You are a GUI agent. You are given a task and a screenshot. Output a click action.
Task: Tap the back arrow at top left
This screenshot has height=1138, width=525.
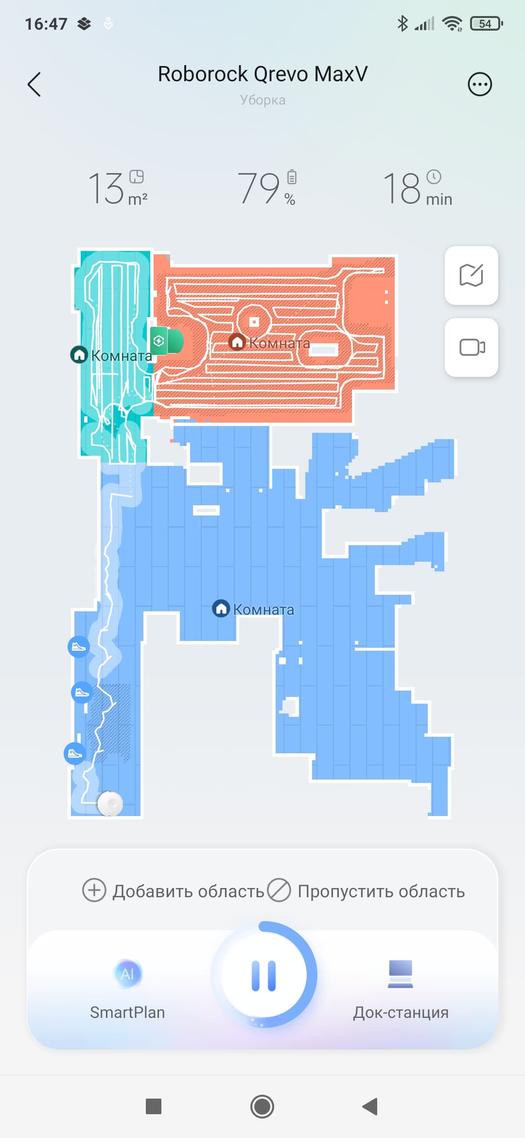click(34, 85)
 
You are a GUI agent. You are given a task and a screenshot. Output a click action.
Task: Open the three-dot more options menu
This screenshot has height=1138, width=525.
click(480, 84)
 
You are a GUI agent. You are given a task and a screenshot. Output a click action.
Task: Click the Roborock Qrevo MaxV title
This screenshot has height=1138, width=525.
click(262, 74)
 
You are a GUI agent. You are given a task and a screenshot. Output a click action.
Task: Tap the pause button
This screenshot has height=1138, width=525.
click(264, 975)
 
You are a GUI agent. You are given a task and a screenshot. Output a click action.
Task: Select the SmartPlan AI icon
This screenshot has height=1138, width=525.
click(127, 974)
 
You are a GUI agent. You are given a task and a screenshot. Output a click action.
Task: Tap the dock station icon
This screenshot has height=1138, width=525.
click(401, 974)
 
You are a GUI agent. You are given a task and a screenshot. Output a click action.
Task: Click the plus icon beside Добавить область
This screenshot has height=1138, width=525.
click(94, 890)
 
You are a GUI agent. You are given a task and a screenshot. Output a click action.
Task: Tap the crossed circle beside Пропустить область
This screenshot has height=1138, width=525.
click(279, 890)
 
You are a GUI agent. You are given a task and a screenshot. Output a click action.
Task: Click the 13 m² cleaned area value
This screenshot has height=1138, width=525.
click(118, 188)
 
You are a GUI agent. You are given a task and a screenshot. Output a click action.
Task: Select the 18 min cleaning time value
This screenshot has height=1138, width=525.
click(418, 188)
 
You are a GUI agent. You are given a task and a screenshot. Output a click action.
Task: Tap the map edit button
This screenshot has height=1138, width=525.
click(472, 275)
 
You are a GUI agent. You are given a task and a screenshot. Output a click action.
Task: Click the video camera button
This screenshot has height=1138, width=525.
click(472, 347)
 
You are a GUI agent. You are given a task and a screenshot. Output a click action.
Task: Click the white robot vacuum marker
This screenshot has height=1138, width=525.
click(110, 803)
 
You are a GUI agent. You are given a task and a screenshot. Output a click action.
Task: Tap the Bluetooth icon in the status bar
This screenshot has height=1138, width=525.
click(402, 23)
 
